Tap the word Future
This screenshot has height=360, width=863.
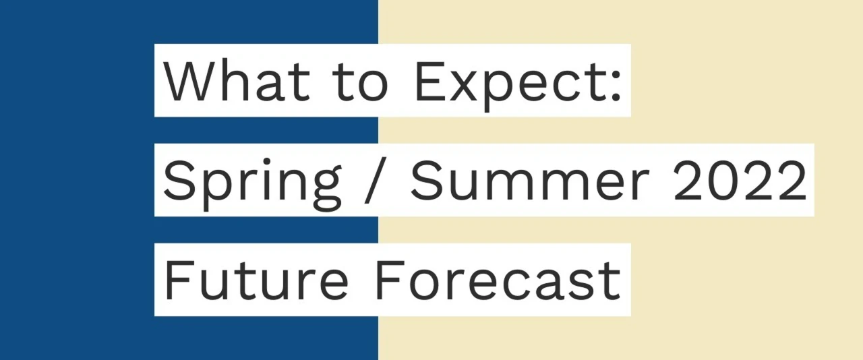tap(256, 280)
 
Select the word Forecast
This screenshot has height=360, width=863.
tap(498, 280)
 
